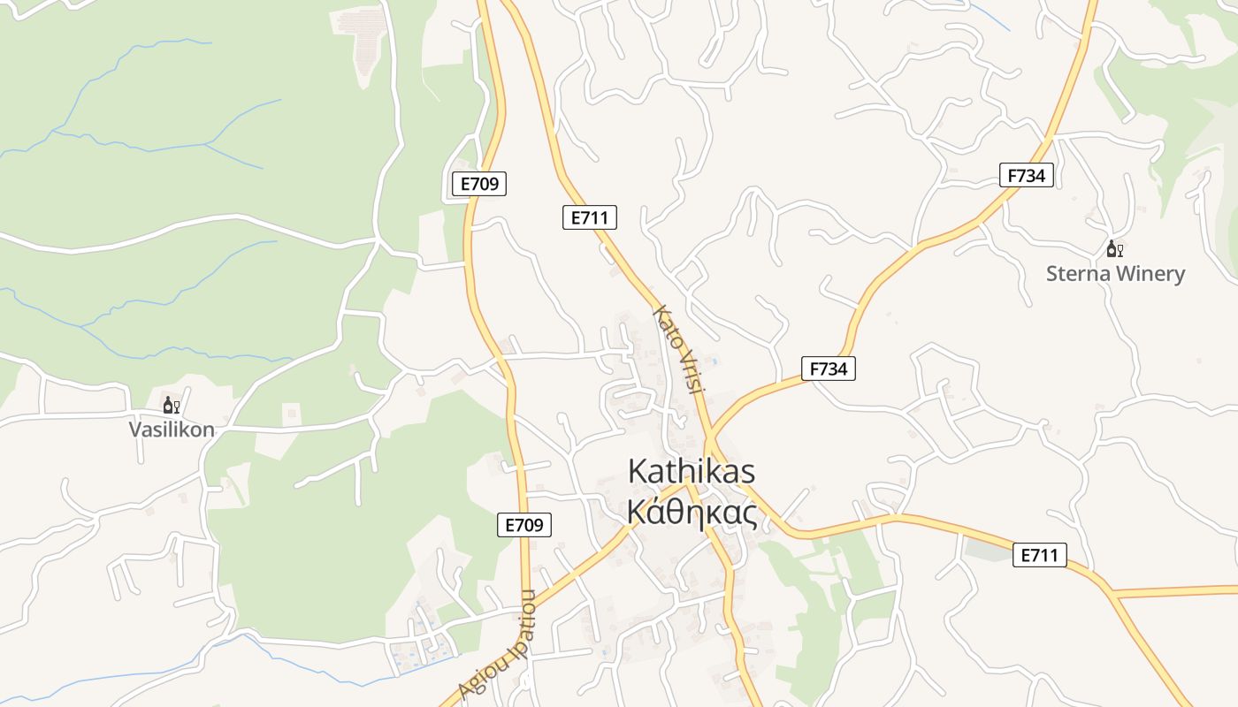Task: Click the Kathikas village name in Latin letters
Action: [x=691, y=471]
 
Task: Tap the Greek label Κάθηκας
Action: [x=692, y=513]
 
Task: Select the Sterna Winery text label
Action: [x=1115, y=274]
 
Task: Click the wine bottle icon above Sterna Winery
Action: [x=1112, y=249]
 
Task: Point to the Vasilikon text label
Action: [x=172, y=430]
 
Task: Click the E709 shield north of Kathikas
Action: [x=479, y=184]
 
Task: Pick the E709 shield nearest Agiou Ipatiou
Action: [x=523, y=525]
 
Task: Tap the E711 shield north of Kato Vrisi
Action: [x=590, y=217]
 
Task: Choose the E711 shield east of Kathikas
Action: [x=1039, y=555]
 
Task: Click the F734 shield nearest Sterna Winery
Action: [x=1026, y=175]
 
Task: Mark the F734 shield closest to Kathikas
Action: [x=828, y=369]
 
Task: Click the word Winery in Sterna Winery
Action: [x=1150, y=274]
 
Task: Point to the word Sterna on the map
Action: [x=1078, y=274]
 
